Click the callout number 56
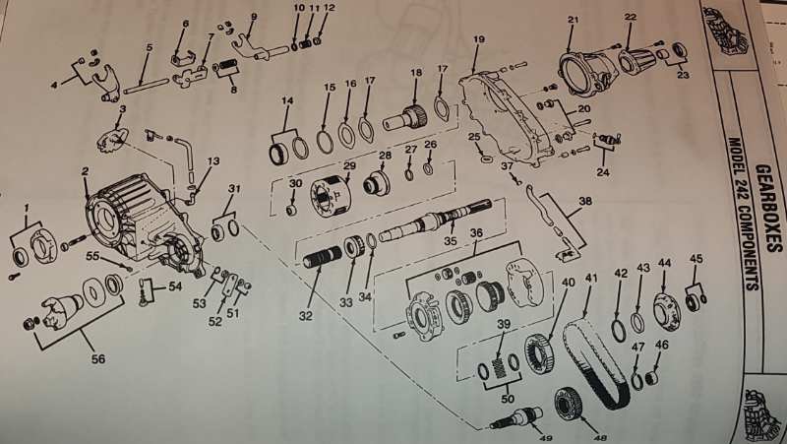[x=98, y=358]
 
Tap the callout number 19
[x=479, y=39]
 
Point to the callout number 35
[x=451, y=240]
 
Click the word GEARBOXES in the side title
[x=769, y=209]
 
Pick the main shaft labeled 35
[x=435, y=220]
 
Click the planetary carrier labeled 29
[x=328, y=198]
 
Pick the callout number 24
[x=603, y=171]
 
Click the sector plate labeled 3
[x=113, y=139]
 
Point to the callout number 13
[x=213, y=161]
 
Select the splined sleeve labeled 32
[x=323, y=256]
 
